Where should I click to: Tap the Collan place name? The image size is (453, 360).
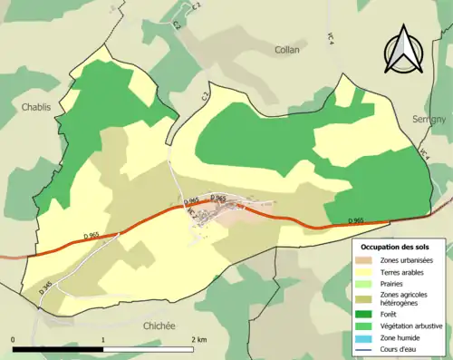[x=286, y=50]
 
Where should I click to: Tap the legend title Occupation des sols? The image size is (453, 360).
[x=396, y=247]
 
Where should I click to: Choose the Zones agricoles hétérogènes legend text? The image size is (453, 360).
[x=404, y=298]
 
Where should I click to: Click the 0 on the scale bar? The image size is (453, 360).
[x=14, y=340]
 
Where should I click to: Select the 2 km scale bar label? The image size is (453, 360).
[x=198, y=340]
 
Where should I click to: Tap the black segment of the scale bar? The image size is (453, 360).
[x=58, y=349]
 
